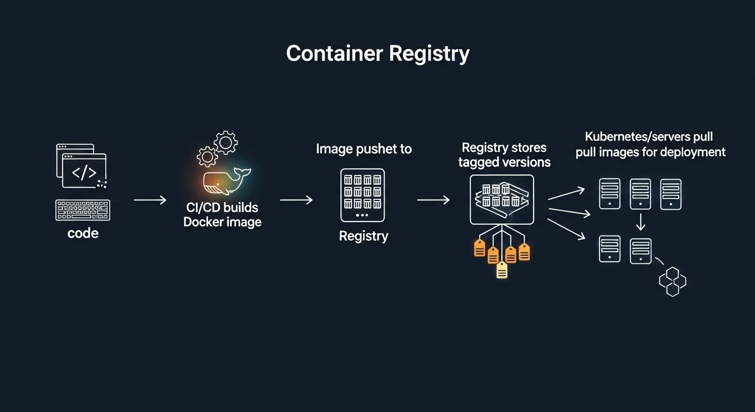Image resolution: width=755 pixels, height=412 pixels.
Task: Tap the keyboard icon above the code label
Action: [83, 210]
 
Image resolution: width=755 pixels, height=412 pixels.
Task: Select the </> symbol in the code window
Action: [84, 173]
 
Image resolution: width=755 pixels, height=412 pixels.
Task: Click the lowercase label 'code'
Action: [83, 233]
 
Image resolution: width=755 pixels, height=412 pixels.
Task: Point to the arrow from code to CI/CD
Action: [150, 200]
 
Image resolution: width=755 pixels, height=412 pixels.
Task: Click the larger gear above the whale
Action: [225, 142]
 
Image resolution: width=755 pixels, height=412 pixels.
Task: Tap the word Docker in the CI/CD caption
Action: [204, 222]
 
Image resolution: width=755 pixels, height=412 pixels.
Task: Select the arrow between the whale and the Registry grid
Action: [296, 200]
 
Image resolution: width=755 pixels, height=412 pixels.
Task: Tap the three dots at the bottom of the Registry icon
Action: [362, 215]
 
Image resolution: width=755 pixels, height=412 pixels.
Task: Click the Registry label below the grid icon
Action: [364, 236]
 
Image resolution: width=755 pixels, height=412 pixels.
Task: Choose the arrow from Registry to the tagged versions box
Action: [433, 200]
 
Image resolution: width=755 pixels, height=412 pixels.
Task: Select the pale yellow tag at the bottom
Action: [502, 270]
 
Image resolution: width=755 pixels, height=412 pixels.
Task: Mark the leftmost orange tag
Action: [479, 248]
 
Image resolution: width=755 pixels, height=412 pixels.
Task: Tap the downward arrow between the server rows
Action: [640, 222]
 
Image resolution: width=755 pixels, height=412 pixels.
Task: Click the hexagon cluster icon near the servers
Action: [672, 282]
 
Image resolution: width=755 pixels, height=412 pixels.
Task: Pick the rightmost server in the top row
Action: [671, 194]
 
